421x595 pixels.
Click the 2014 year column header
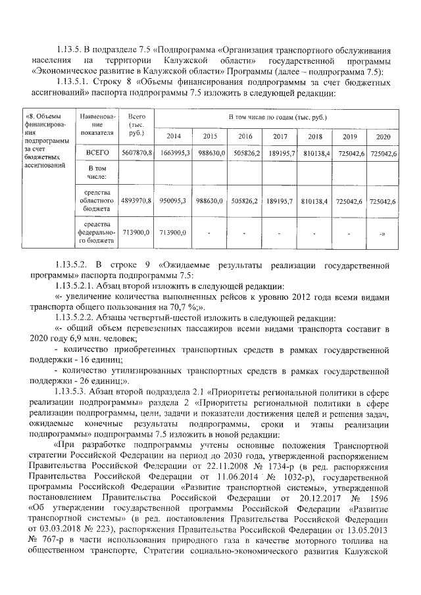tap(174, 136)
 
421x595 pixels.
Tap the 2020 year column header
tap(383, 136)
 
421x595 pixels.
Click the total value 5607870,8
tap(137, 153)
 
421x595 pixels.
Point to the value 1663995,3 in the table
tap(175, 153)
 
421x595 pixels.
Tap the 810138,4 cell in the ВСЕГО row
tap(314, 153)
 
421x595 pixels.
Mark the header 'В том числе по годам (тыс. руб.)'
tap(277, 117)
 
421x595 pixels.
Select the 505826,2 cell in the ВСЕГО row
tap(245, 153)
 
